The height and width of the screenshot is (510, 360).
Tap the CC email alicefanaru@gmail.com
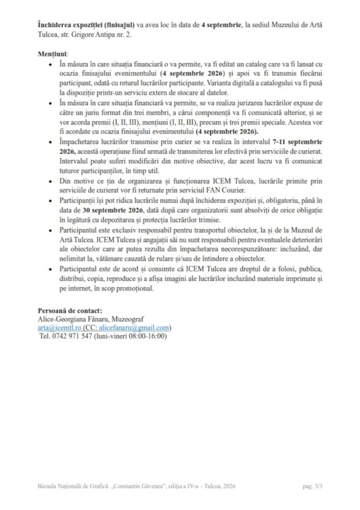tap(134, 328)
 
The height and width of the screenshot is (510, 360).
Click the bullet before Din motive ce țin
tap(52, 182)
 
